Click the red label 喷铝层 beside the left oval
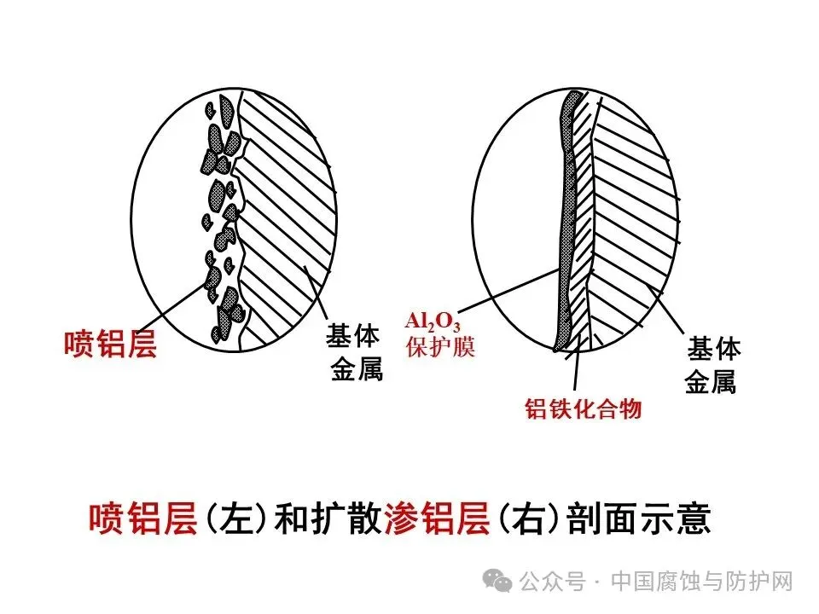click(110, 345)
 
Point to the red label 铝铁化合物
click(583, 408)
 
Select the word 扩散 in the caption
click(350, 519)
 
